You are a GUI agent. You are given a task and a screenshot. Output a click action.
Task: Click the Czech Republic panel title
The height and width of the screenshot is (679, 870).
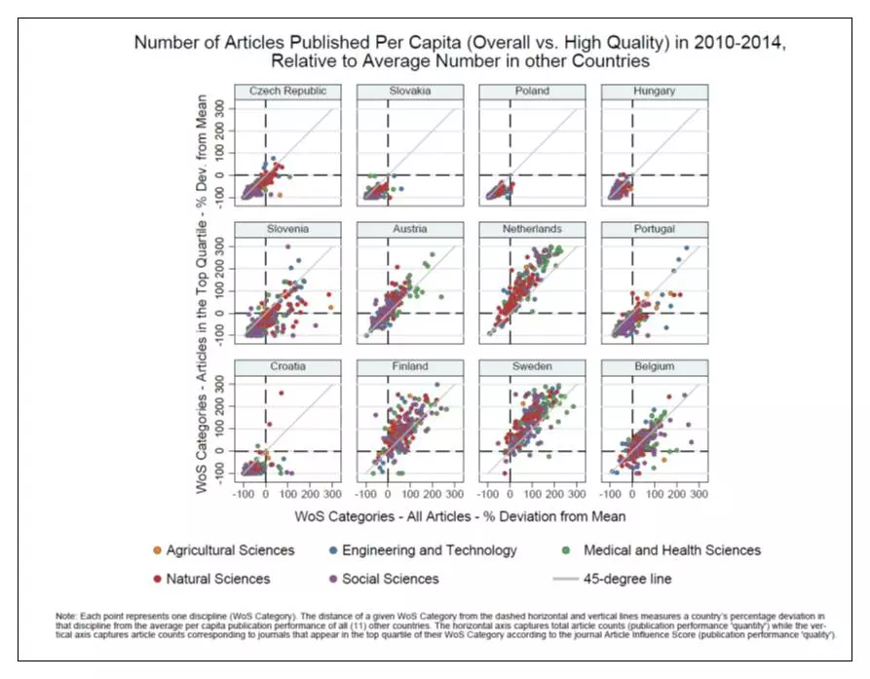pyautogui.click(x=281, y=91)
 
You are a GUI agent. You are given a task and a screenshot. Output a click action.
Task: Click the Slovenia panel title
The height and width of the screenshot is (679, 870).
pyautogui.click(x=281, y=229)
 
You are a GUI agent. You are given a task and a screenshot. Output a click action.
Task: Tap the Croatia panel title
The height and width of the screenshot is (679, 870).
pyautogui.click(x=281, y=367)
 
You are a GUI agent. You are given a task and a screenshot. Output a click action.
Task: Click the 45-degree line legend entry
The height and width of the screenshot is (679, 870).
pyautogui.click(x=626, y=579)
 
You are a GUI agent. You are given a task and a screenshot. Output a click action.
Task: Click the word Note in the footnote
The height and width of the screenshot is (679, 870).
pyautogui.click(x=68, y=617)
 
